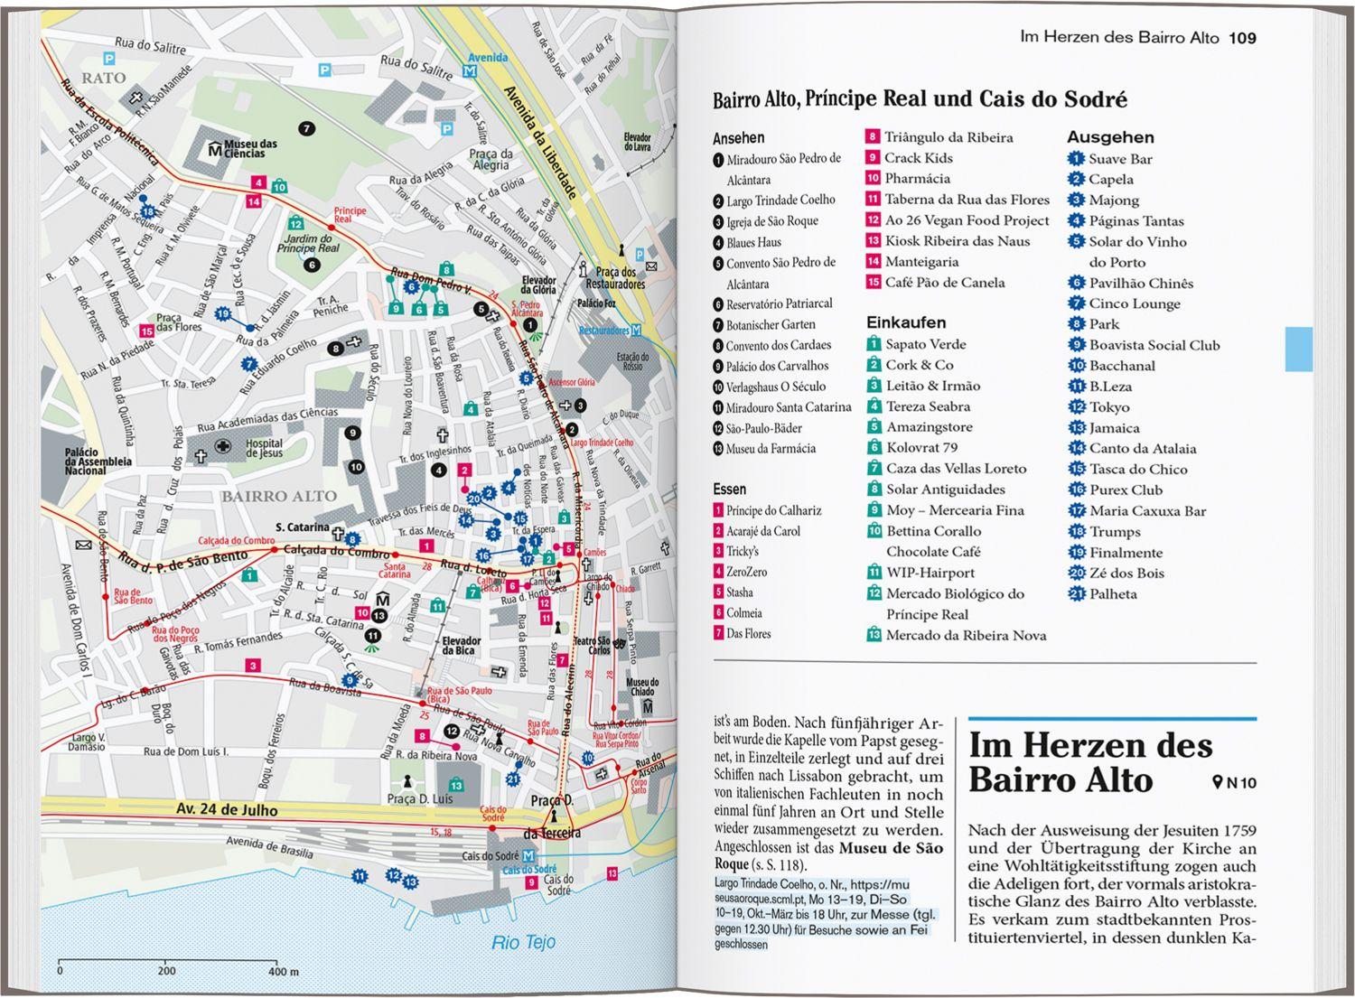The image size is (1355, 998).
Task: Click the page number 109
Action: coord(1242,38)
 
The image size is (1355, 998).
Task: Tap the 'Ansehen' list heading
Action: coord(738,138)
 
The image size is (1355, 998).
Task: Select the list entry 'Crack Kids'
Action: coord(918,158)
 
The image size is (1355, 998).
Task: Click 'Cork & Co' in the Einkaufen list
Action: coord(919,365)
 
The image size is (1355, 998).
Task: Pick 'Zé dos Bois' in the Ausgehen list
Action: coord(1126,574)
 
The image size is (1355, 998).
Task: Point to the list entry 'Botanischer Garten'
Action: coord(770,325)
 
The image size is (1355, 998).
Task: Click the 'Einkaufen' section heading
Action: coord(906,322)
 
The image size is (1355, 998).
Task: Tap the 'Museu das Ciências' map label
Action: coord(249,148)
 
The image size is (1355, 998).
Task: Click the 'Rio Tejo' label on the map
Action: coord(524,942)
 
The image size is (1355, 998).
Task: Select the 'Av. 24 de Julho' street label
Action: coord(227,810)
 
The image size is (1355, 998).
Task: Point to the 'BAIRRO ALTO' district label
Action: coord(279,496)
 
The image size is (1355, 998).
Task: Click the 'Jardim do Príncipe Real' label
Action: coord(308,244)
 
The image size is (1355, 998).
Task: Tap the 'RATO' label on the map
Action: coord(103,79)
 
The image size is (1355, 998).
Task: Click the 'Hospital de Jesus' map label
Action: coord(265,448)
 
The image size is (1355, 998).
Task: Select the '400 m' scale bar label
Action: coord(283,972)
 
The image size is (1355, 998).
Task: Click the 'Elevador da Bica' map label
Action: coord(461,646)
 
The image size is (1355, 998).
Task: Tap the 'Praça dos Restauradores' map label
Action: coord(615,277)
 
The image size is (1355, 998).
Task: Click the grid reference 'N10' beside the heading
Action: coord(1240,783)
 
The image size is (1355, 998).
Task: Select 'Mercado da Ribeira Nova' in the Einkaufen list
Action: coord(966,635)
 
